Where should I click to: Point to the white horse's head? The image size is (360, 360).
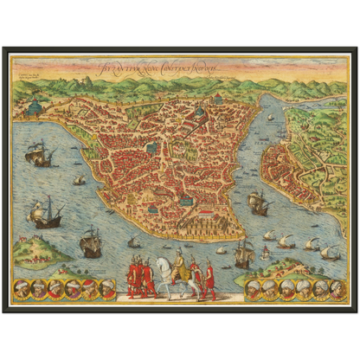point(164,269)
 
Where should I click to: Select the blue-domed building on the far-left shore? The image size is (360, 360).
point(35,106)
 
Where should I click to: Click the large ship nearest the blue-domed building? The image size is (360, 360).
point(38,156)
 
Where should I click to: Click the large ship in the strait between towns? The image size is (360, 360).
point(257,202)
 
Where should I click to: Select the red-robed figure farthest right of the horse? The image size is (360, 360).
point(209,280)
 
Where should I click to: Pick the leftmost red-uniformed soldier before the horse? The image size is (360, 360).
point(132,277)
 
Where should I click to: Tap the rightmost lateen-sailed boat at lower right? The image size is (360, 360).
point(329,252)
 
